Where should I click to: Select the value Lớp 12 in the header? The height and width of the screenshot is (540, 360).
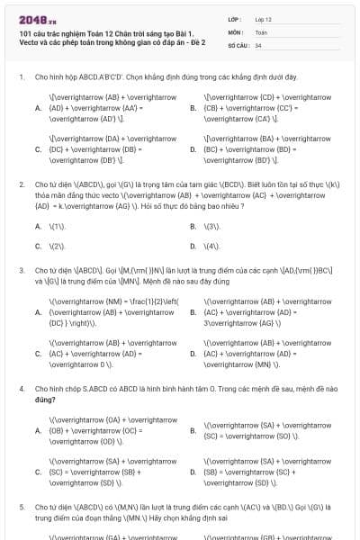(263, 18)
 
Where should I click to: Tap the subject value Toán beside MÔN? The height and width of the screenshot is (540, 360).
(261, 31)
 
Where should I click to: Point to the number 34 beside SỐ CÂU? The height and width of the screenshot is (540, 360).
(258, 44)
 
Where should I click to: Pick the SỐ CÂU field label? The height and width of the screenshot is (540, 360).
(238, 44)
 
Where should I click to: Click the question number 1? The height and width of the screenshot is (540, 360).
(21, 77)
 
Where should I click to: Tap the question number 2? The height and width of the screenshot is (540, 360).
(21, 184)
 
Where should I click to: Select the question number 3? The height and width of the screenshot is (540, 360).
(21, 269)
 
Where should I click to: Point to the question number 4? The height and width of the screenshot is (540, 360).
(21, 388)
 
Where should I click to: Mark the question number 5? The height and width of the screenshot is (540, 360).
(21, 507)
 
